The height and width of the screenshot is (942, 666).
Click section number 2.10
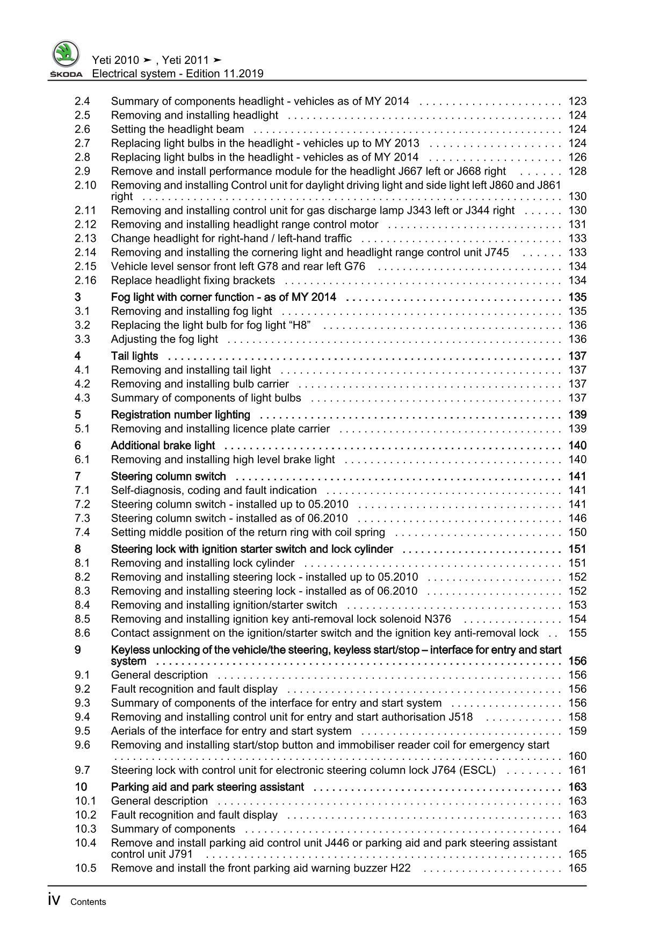tap(85, 185)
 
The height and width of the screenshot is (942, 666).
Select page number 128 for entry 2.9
tap(577, 171)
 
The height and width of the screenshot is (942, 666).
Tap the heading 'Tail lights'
tap(134, 356)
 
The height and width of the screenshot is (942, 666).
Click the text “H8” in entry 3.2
tap(299, 325)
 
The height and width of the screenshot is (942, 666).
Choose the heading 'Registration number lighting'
tap(180, 415)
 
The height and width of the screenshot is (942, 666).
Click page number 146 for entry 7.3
tap(577, 519)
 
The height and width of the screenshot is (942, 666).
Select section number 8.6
tap(83, 633)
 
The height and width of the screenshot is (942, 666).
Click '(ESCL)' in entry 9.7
tap(478, 770)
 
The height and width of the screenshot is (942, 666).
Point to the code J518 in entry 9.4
tap(460, 717)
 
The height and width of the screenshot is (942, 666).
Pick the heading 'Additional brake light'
tap(163, 445)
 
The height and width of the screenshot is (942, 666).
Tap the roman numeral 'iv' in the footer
tap(54, 901)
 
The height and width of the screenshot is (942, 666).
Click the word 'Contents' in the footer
tap(88, 902)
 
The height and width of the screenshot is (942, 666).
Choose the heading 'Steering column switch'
tap(168, 477)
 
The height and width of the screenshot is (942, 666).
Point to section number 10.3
tap(85, 829)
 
